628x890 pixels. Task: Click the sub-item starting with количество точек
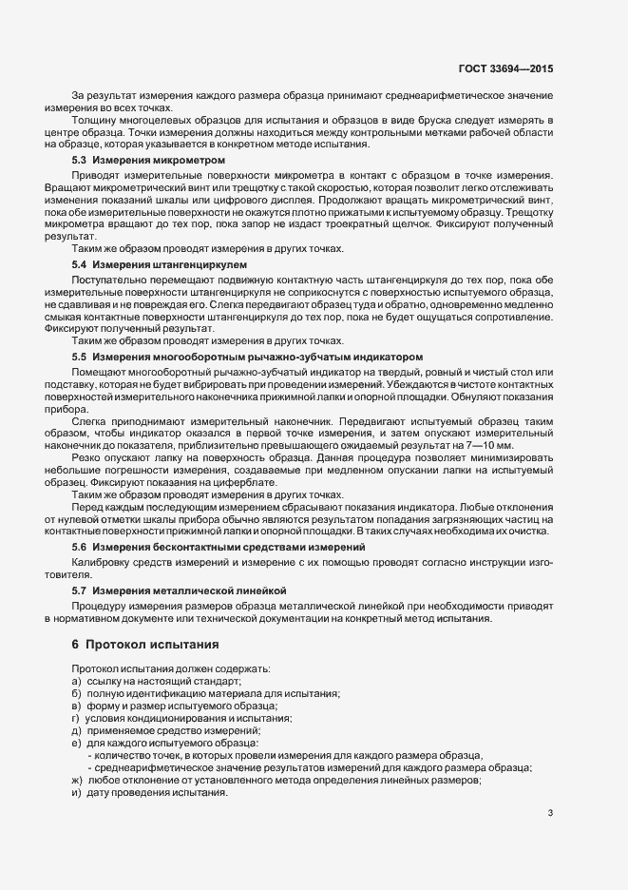(284, 755)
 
